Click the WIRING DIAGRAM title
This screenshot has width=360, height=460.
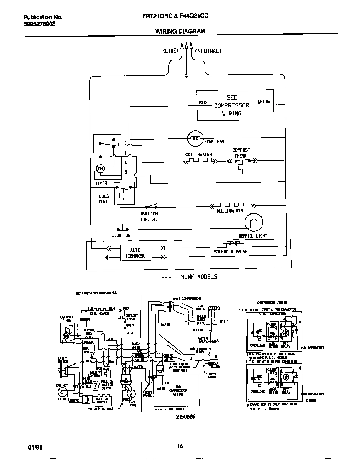180,31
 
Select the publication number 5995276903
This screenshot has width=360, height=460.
39,24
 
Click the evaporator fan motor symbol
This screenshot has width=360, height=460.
194,138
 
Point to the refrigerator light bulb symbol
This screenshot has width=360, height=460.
253,222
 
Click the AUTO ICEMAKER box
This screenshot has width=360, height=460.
136,253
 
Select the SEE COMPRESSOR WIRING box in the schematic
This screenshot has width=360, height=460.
235,106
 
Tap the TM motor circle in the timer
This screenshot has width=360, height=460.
100,168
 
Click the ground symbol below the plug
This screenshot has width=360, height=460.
187,75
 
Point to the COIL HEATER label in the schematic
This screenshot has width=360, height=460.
199,155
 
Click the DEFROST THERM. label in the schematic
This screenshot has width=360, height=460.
241,152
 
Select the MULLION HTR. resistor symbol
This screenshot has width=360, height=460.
231,205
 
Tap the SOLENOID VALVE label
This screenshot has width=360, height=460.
231,252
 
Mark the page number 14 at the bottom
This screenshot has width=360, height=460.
180,447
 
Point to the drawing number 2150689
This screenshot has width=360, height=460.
184,416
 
